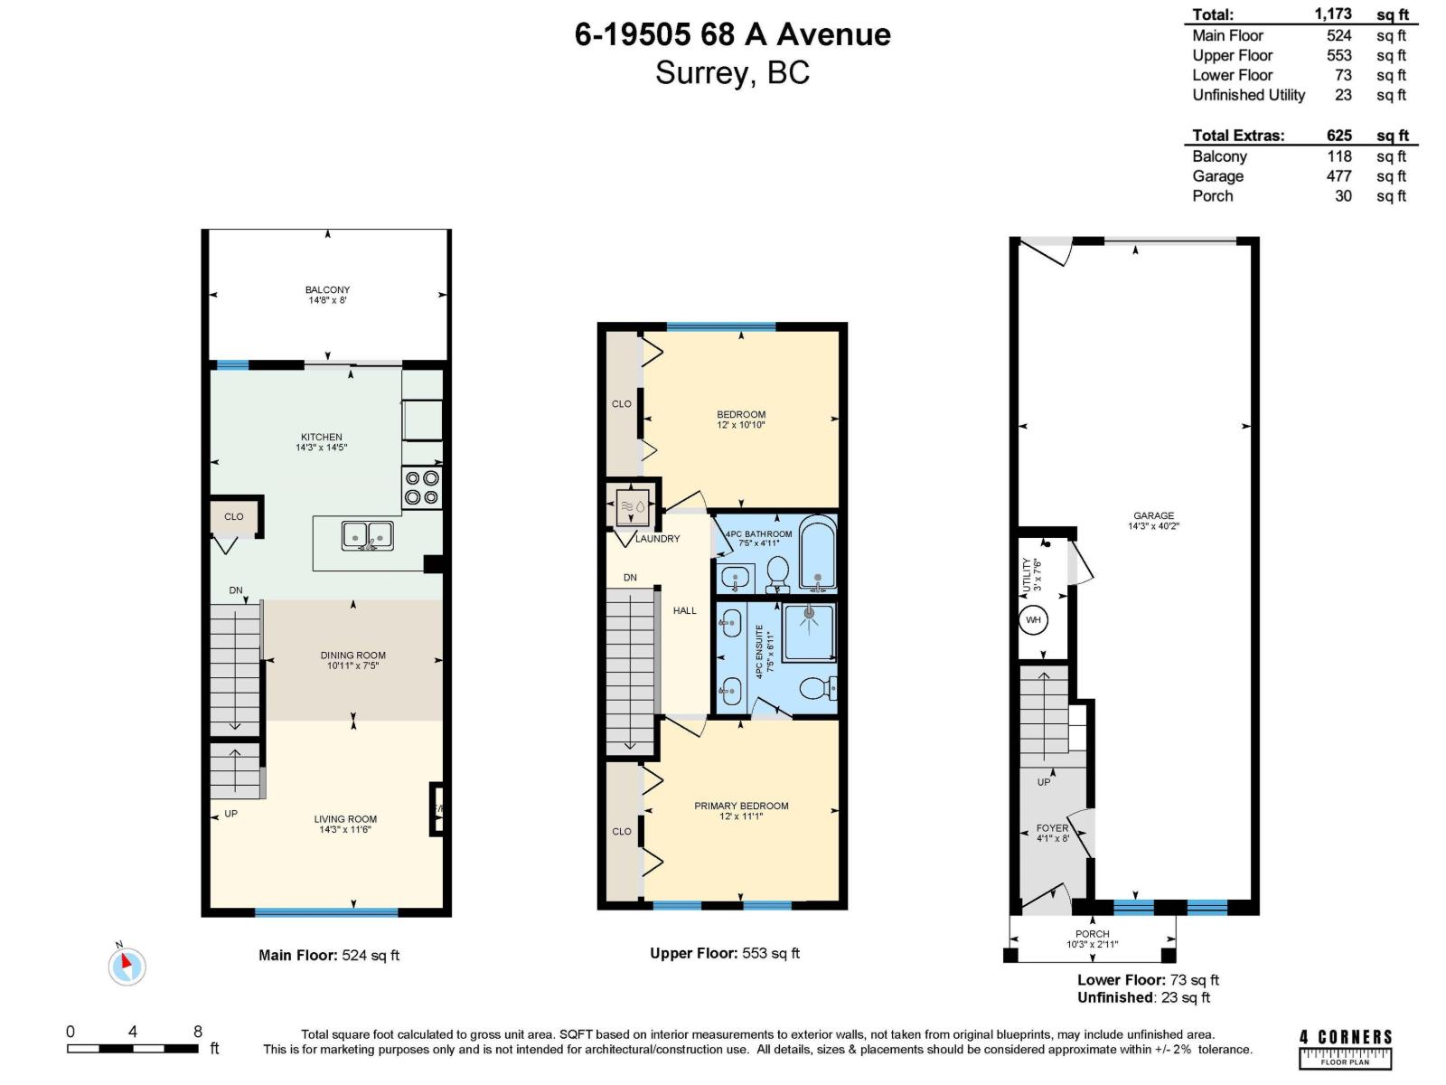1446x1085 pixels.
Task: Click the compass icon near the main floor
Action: pyautogui.click(x=127, y=967)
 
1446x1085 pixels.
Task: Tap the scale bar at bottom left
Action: pyautogui.click(x=132, y=1049)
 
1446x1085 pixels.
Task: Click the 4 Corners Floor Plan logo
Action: pyautogui.click(x=1346, y=1049)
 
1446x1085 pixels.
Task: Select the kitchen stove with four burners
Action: pyautogui.click(x=422, y=487)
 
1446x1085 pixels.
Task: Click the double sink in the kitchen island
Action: pyautogui.click(x=367, y=535)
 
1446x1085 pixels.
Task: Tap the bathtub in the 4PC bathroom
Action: pyautogui.click(x=818, y=553)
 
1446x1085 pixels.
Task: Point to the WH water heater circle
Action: pyautogui.click(x=1033, y=620)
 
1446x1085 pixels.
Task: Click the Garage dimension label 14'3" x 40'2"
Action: pyautogui.click(x=1154, y=525)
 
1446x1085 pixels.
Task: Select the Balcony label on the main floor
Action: pyautogui.click(x=327, y=290)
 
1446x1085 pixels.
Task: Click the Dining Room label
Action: pyautogui.click(x=352, y=656)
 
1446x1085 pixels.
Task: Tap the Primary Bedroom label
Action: pyautogui.click(x=741, y=806)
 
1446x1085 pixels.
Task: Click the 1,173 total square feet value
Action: pyautogui.click(x=1333, y=14)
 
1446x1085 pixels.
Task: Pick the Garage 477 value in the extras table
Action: pyautogui.click(x=1338, y=176)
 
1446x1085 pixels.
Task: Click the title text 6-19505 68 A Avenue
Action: pyautogui.click(x=732, y=34)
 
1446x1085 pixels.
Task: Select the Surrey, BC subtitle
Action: pyautogui.click(x=732, y=72)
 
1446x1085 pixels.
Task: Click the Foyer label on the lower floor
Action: pyautogui.click(x=1052, y=828)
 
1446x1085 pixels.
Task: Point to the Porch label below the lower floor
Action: pyautogui.click(x=1092, y=934)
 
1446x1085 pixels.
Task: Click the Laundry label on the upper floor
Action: pyautogui.click(x=657, y=539)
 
